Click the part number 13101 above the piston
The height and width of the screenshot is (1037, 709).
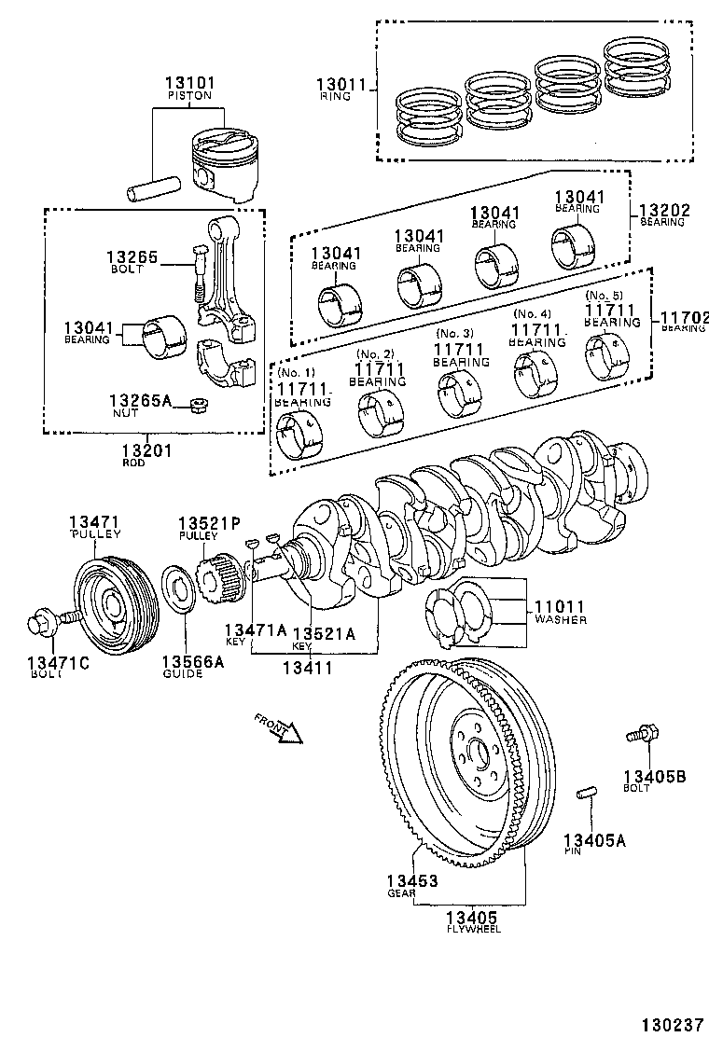click(x=190, y=81)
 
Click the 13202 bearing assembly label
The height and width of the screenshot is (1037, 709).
click(x=664, y=211)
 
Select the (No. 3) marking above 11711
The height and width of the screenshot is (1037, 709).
click(x=455, y=334)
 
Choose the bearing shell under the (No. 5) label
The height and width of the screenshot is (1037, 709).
click(x=607, y=354)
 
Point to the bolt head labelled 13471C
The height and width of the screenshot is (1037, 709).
click(x=41, y=618)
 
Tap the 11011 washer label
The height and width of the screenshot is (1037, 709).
click(x=560, y=606)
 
